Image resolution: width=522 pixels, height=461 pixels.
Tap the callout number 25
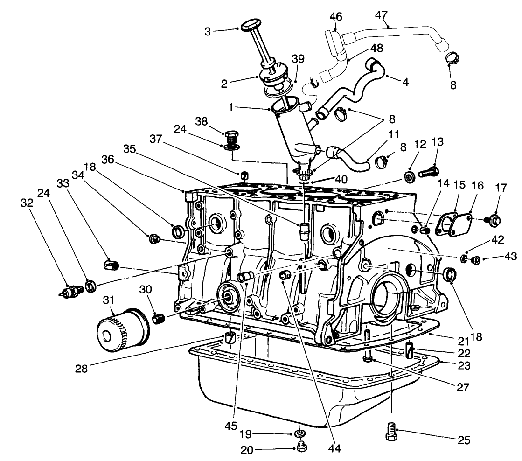click(x=464, y=440)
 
